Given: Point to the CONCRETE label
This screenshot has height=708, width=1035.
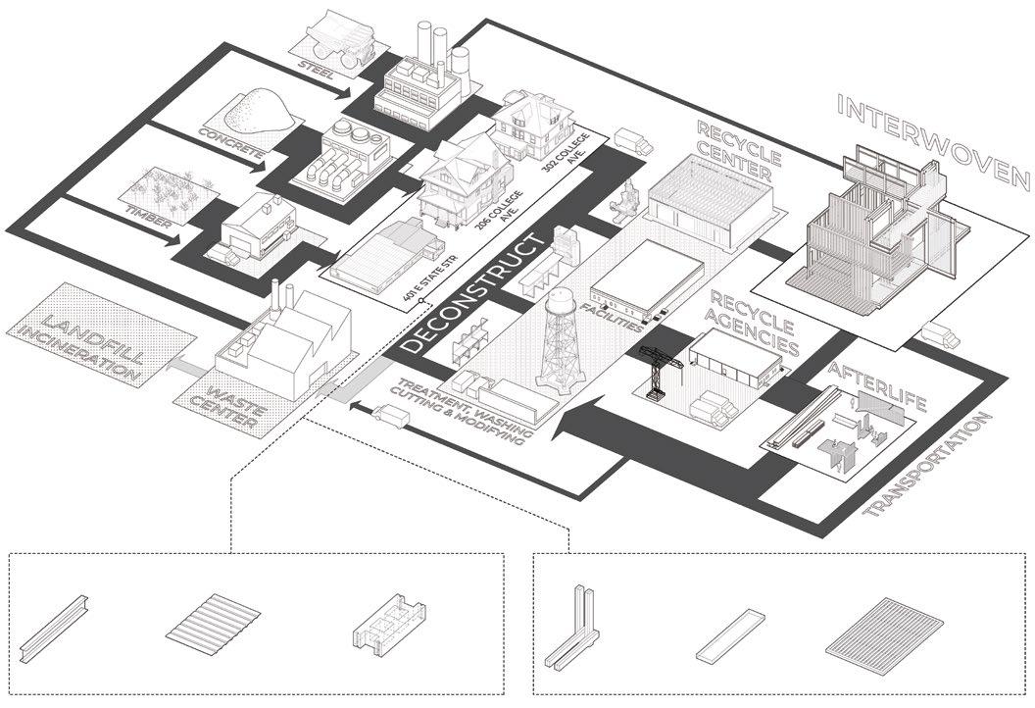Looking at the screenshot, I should point(231,141).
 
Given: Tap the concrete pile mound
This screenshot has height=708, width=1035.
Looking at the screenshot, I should point(256,110).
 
